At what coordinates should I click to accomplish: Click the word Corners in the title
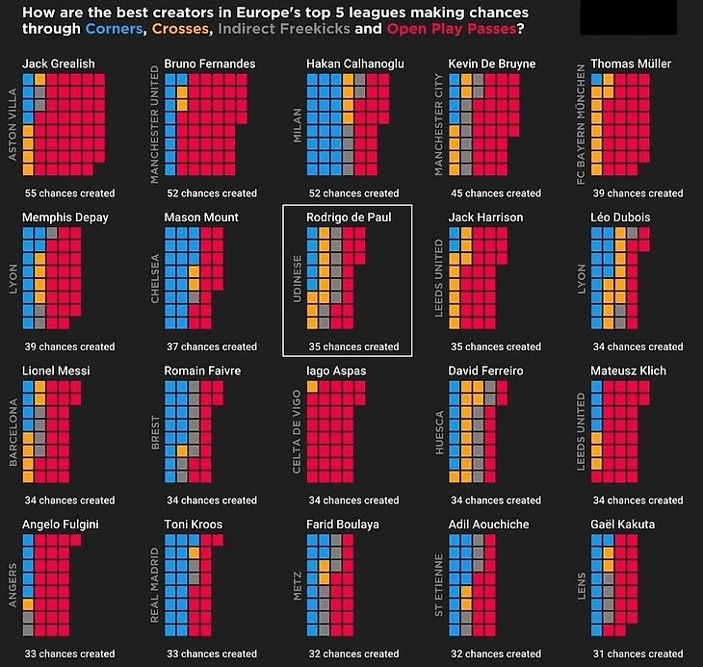pyautogui.click(x=115, y=29)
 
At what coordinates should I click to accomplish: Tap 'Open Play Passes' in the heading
pyautogui.click(x=450, y=29)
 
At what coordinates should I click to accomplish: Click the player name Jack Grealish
pyautogui.click(x=58, y=64)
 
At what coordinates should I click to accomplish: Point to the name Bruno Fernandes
pyautogui.click(x=210, y=64)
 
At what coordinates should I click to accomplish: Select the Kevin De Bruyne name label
pyautogui.click(x=492, y=64)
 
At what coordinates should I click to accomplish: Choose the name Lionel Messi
pyautogui.click(x=56, y=371)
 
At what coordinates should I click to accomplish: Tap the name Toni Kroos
pyautogui.click(x=194, y=525)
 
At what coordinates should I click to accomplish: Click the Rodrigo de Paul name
pyautogui.click(x=349, y=218)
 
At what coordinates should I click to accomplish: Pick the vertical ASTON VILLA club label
pyautogui.click(x=13, y=123)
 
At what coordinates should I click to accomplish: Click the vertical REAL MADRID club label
pyautogui.click(x=155, y=584)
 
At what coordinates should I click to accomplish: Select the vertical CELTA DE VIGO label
pyautogui.click(x=298, y=430)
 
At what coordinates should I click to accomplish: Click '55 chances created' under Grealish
pyautogui.click(x=70, y=193)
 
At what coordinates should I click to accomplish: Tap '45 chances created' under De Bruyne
pyautogui.click(x=496, y=193)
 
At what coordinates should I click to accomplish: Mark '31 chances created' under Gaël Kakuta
pyautogui.click(x=638, y=654)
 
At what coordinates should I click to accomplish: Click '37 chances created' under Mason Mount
pyautogui.click(x=212, y=346)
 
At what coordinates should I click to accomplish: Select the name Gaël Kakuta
pyautogui.click(x=622, y=525)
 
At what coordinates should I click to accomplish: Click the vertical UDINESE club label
pyautogui.click(x=298, y=278)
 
